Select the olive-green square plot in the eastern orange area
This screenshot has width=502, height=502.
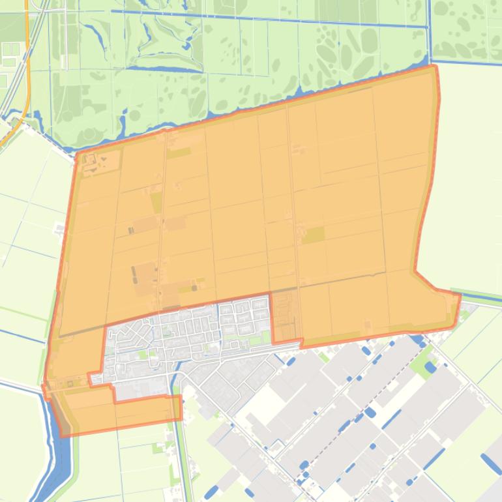314,235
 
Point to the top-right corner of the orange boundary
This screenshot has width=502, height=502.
434,66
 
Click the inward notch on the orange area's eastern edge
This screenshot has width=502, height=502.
415,269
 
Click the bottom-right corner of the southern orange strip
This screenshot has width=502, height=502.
180,421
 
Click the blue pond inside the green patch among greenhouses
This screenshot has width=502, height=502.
430,367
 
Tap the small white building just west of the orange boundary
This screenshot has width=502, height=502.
59,229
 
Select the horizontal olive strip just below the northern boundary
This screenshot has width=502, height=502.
179,153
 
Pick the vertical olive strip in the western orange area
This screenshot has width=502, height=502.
156,202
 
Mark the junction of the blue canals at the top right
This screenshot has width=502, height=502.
428,26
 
